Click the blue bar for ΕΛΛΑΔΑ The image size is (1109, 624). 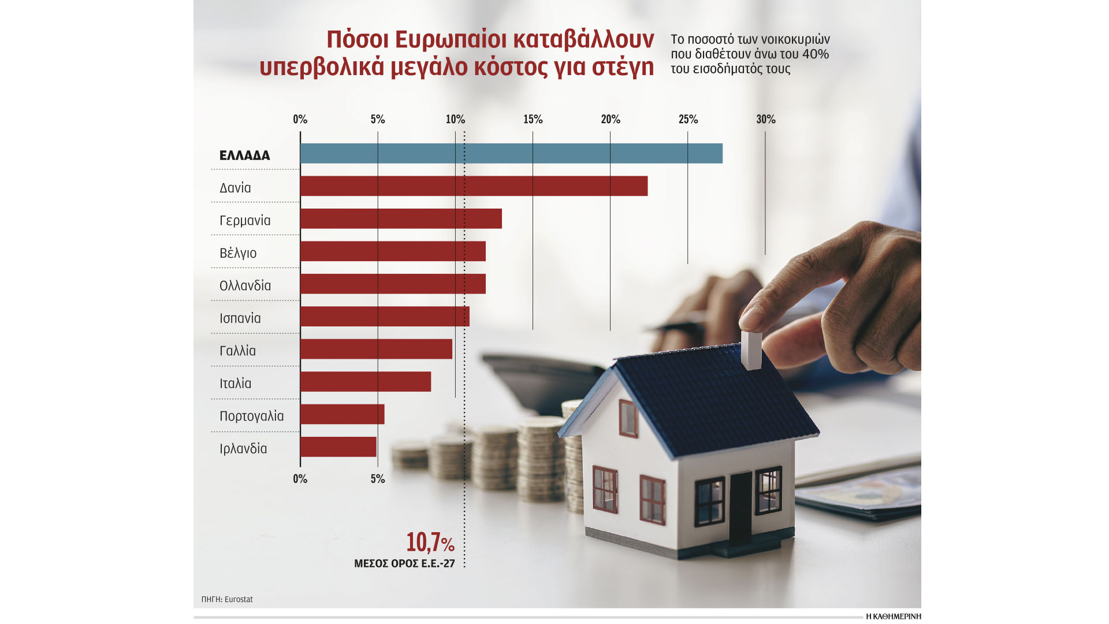coord(511,153)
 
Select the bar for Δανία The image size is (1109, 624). coord(474,186)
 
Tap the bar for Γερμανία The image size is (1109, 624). coord(401,219)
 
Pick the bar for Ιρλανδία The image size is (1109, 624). coord(338,447)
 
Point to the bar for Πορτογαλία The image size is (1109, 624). coord(342,414)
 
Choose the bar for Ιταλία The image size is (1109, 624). coord(365,381)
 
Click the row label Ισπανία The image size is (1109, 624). coord(240,318)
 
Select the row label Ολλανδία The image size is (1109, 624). coord(245,285)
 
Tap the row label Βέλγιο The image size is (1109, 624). coord(238,253)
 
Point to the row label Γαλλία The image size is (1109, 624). coord(237,351)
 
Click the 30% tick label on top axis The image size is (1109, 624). coord(765,119)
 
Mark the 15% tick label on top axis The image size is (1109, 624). coord(533,119)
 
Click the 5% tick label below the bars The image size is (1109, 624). coord(377,479)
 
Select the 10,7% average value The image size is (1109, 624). coord(430,543)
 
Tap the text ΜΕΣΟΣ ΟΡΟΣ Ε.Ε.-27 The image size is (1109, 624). coord(404,563)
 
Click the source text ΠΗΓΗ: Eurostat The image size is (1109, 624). coord(227,599)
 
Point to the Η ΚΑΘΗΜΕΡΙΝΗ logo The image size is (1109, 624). coord(893,616)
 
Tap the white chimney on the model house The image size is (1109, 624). coord(751,349)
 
